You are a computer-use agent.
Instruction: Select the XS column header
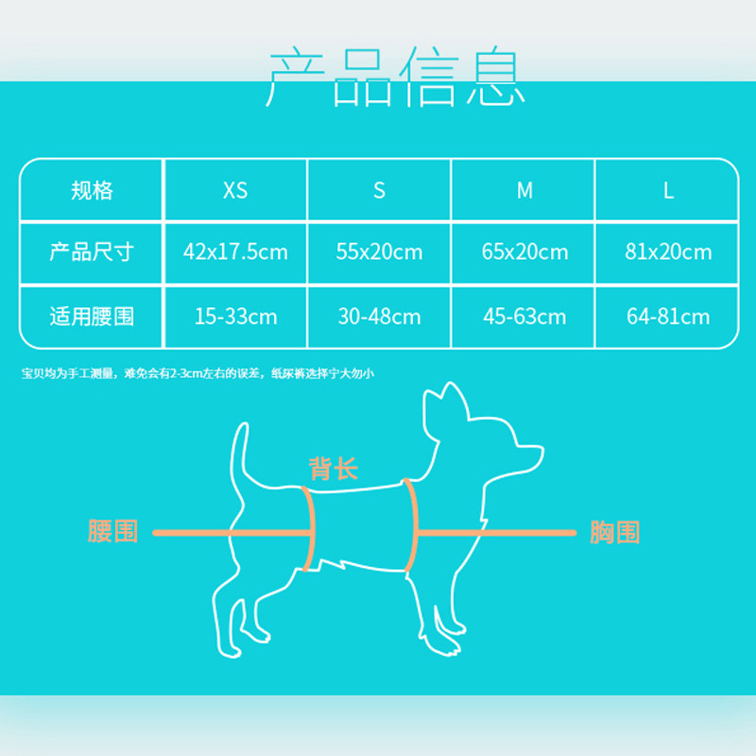(x=235, y=190)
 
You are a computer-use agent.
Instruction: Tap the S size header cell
(x=379, y=190)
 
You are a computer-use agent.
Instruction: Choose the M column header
(x=524, y=190)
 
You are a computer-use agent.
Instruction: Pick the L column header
(x=668, y=190)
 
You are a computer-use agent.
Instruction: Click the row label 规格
(x=92, y=190)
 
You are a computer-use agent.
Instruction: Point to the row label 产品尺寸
(x=92, y=252)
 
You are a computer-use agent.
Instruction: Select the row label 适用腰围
(x=92, y=316)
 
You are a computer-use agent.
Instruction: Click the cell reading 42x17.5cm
(x=235, y=252)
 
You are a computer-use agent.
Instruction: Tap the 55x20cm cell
(x=379, y=252)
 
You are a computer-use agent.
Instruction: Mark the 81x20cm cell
(x=668, y=252)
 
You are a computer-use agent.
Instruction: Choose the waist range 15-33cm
(x=235, y=316)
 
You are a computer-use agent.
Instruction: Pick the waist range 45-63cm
(x=524, y=316)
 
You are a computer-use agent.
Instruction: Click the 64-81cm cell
(x=668, y=316)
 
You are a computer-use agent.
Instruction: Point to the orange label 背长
(x=334, y=468)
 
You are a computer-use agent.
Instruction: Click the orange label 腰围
(x=112, y=531)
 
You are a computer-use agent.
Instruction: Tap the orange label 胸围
(x=614, y=532)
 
